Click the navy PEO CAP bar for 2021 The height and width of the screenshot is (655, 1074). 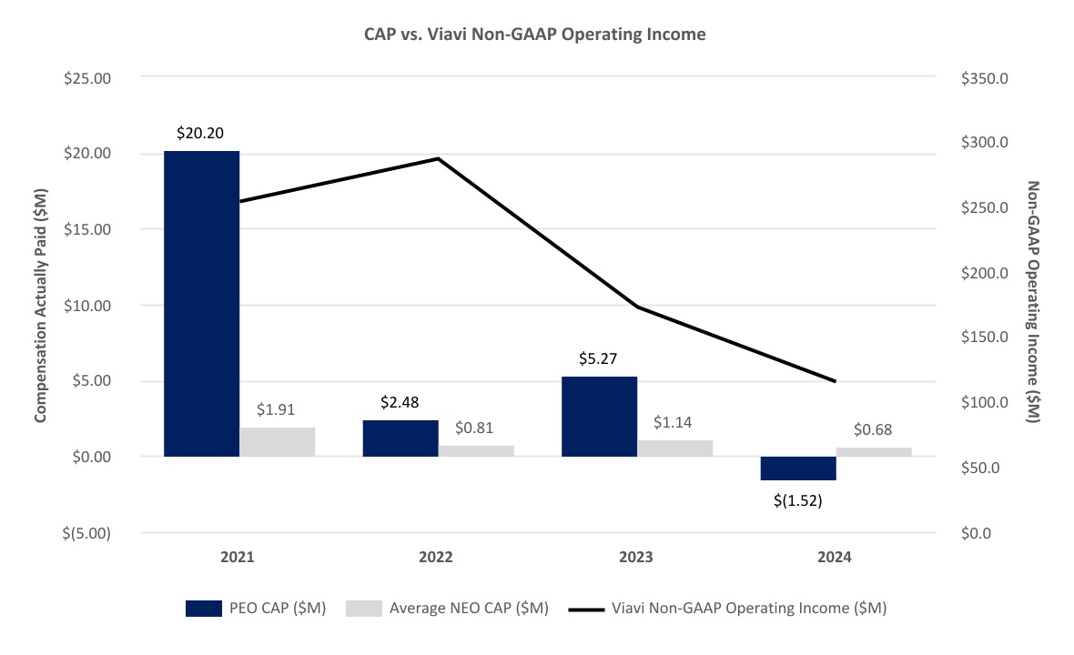click(x=201, y=303)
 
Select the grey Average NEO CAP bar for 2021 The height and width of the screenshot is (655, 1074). click(x=277, y=442)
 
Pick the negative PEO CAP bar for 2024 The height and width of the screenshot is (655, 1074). click(x=798, y=468)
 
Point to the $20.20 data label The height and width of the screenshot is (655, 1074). click(x=201, y=134)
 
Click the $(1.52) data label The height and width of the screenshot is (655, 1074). click(x=798, y=500)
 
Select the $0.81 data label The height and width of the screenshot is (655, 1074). click(x=476, y=428)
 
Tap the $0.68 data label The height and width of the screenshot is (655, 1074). click(x=874, y=429)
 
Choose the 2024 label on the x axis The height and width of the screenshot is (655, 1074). click(x=835, y=557)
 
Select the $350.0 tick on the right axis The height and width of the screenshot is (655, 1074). click(x=985, y=78)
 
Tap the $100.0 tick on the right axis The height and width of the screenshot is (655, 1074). click(x=985, y=403)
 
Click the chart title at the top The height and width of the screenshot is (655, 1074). click(x=536, y=35)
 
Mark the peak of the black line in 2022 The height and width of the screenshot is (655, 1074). click(x=438, y=158)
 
